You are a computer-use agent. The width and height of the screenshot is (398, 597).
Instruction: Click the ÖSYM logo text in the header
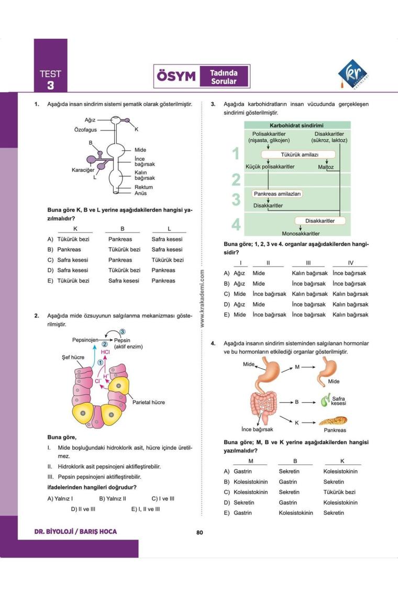coord(176,77)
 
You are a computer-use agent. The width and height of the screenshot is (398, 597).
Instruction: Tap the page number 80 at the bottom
coord(200,533)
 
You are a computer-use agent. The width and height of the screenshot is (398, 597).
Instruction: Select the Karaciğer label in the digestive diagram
coord(83,170)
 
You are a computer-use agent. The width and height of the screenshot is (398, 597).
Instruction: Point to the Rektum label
coord(143,187)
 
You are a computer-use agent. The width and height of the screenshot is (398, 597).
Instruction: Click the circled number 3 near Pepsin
coord(122,331)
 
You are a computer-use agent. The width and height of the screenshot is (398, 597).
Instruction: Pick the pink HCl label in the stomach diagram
coord(105,352)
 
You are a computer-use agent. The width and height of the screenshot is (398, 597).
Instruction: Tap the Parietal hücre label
coord(149,402)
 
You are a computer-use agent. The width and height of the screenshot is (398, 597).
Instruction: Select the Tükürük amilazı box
coord(297,154)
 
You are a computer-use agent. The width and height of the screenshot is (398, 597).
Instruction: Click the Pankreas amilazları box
coord(278,194)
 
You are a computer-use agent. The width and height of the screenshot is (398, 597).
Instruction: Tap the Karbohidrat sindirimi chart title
coord(296,126)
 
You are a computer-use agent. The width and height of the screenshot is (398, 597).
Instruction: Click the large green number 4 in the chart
coord(236,225)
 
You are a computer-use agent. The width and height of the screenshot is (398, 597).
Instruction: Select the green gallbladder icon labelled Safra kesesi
coord(325,402)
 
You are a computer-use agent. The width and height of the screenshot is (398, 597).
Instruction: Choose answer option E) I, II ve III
coord(146,508)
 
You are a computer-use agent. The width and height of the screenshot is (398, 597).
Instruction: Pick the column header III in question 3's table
coord(308,263)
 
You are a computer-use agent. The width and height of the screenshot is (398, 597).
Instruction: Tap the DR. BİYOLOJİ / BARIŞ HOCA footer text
coord(75,532)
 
